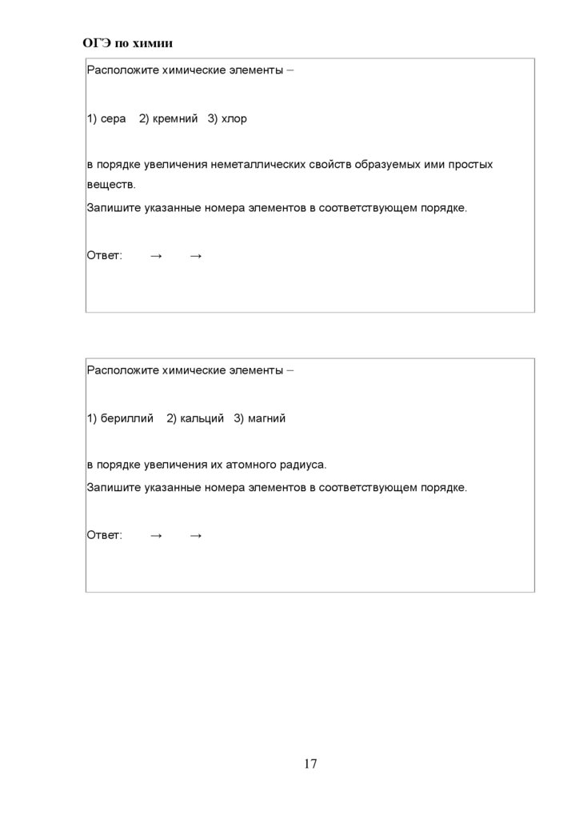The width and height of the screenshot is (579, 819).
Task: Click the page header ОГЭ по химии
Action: [x=128, y=42]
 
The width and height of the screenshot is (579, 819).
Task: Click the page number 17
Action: [x=310, y=764]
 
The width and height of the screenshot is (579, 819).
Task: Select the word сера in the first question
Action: [x=114, y=119]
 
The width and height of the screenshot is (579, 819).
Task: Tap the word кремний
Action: [x=175, y=119]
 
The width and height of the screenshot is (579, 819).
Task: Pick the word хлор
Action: [x=234, y=119]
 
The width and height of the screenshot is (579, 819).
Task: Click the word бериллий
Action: [x=127, y=418]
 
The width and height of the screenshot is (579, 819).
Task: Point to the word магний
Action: [x=266, y=418]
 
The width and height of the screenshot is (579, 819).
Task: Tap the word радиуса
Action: [x=304, y=465]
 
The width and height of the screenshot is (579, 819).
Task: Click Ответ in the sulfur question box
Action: [x=104, y=256]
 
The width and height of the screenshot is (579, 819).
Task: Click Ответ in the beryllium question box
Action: [x=104, y=535]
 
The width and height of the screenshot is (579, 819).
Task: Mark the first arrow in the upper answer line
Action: [x=156, y=256]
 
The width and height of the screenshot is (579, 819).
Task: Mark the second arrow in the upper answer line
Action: [x=196, y=256]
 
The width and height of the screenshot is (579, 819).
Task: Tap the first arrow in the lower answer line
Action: [x=156, y=535]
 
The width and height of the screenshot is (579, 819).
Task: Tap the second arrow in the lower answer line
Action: [x=196, y=535]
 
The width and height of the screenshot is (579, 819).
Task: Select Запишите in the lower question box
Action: [x=114, y=487]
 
